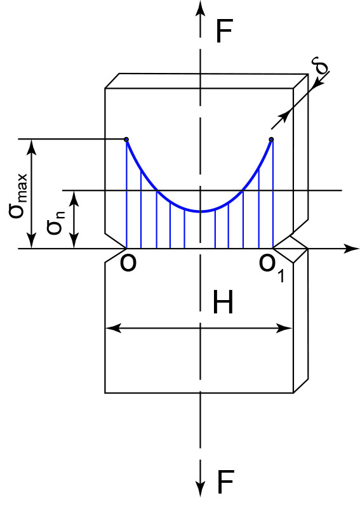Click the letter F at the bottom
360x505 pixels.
pos(225,482)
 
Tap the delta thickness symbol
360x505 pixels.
pos(320,65)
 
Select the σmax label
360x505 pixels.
pos(18,197)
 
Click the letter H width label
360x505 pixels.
pos(223,302)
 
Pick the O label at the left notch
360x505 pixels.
pos(128,263)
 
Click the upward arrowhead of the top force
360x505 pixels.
pos(201,8)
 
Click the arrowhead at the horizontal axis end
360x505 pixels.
pos(351,249)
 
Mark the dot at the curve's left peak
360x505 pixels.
pos(126,140)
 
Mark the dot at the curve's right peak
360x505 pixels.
pos(271,140)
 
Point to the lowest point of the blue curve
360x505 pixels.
pos(201,212)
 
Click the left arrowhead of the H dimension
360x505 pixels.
pos(113,329)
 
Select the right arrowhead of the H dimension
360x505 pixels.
pos(285,329)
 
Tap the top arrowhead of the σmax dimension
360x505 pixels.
pos(31,147)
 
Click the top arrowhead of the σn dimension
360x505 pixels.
pos(74,199)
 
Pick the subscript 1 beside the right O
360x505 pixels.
pos(281,276)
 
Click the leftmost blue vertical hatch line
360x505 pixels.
pos(126,194)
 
